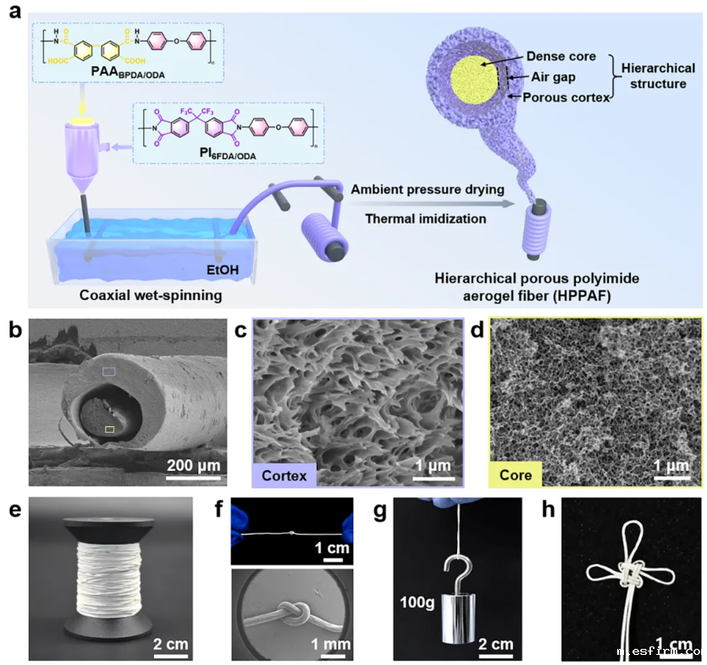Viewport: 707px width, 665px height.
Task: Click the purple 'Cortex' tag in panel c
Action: pyautogui.click(x=284, y=474)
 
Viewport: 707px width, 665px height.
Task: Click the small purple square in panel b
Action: pyautogui.click(x=108, y=371)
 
